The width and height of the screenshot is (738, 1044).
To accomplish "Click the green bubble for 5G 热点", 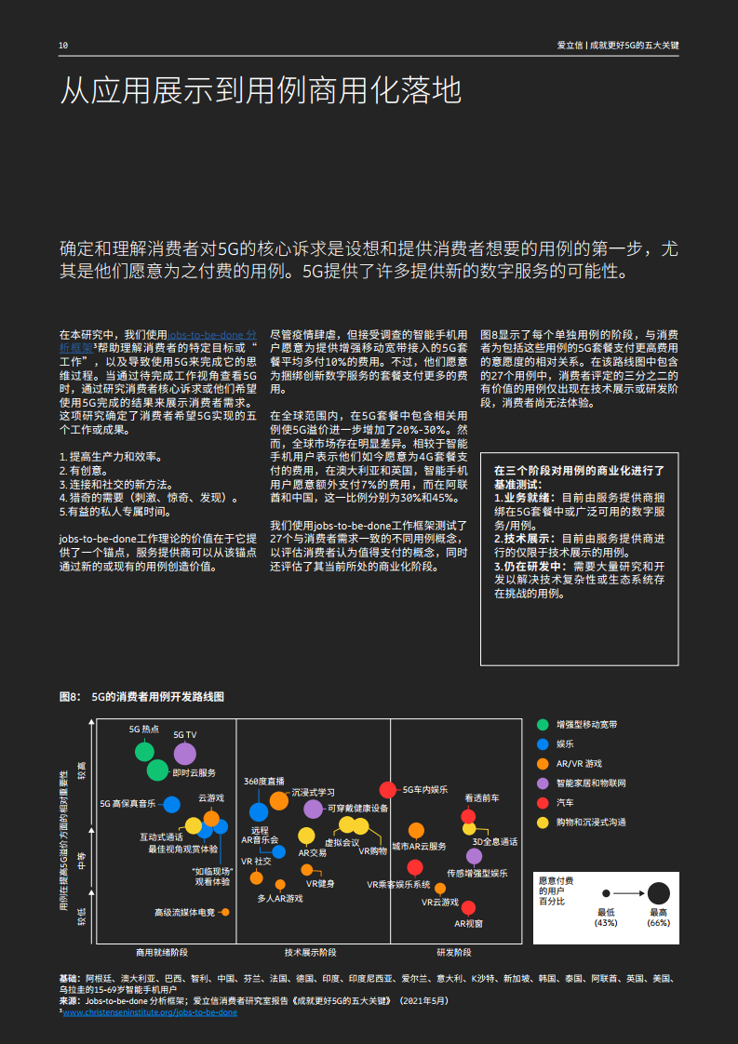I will (144, 752).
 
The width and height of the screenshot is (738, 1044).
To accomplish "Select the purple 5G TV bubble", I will (185, 754).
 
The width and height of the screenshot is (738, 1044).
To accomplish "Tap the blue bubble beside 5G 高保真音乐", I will (171, 804).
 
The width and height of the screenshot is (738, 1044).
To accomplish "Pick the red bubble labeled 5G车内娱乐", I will (389, 790).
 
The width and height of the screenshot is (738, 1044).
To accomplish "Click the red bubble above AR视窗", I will (468, 906).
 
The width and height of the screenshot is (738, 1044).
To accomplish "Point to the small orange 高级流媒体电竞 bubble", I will (225, 912).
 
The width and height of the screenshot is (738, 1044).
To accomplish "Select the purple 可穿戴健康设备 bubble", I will (313, 809).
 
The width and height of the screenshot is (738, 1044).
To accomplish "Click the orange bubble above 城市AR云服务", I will (416, 830).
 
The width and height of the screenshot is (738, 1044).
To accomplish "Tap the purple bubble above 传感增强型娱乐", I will (474, 856).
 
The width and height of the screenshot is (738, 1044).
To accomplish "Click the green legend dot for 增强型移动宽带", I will (543, 724).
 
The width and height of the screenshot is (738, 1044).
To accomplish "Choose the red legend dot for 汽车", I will (543, 802).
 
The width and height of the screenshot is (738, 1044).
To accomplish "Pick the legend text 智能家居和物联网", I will (591, 783).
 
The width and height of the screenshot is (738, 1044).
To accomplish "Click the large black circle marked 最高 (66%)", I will (658, 893).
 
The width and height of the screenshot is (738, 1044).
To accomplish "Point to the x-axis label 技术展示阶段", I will (311, 953).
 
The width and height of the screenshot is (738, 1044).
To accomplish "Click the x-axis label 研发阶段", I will (454, 953).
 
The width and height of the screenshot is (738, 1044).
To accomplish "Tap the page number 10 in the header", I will (63, 46).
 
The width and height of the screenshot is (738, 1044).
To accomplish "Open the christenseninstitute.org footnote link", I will (150, 1012).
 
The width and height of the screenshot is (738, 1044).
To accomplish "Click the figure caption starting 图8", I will (142, 696).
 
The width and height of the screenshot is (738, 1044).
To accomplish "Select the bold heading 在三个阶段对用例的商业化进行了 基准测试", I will (579, 477).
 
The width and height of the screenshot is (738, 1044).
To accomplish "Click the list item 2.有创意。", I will (85, 471).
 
